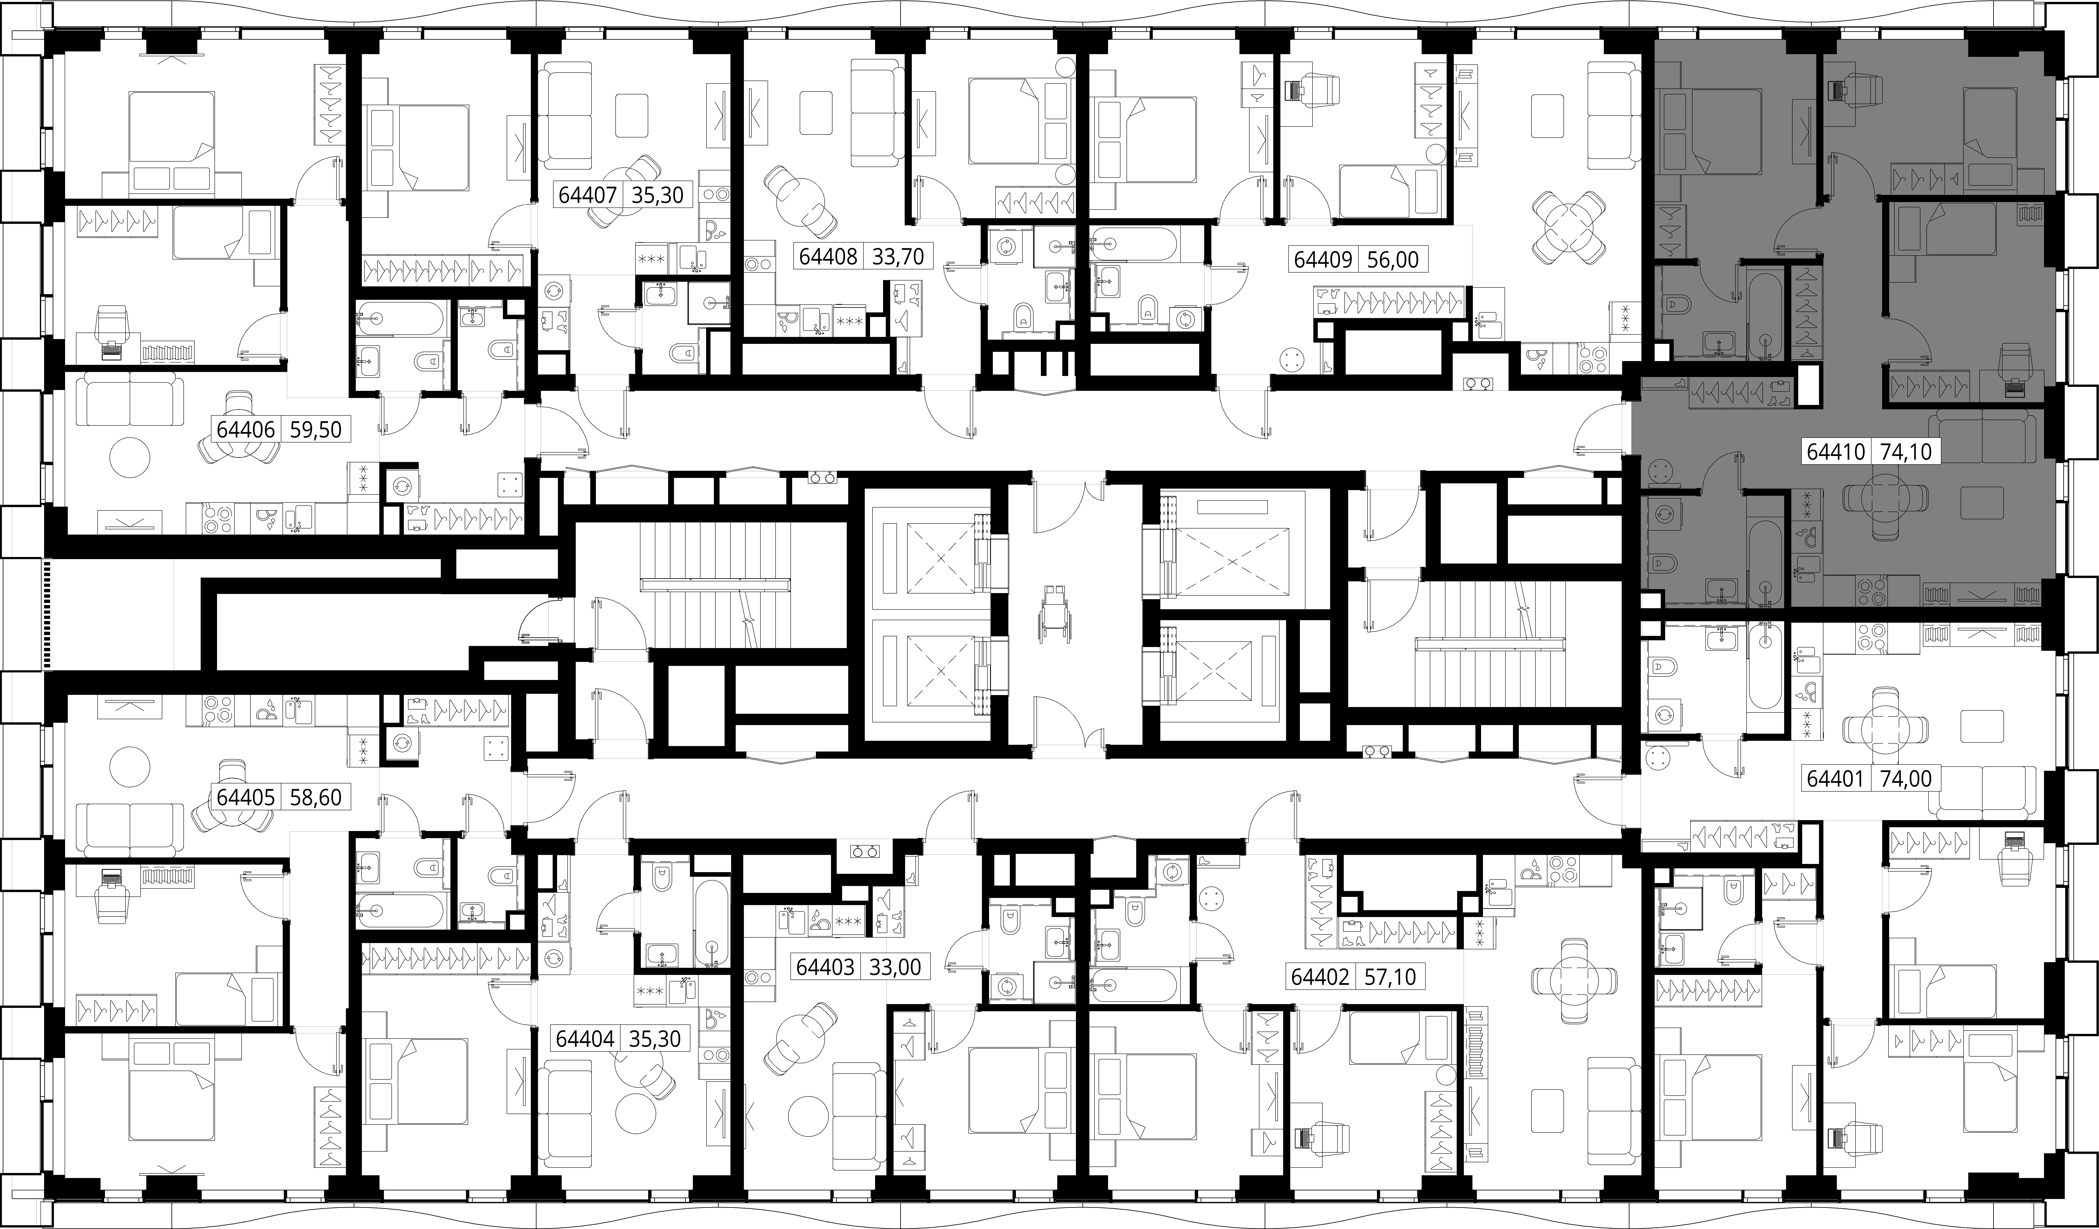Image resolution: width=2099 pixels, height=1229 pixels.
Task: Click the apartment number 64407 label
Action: click(587, 196)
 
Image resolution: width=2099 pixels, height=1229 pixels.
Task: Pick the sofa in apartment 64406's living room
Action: click(129, 400)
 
